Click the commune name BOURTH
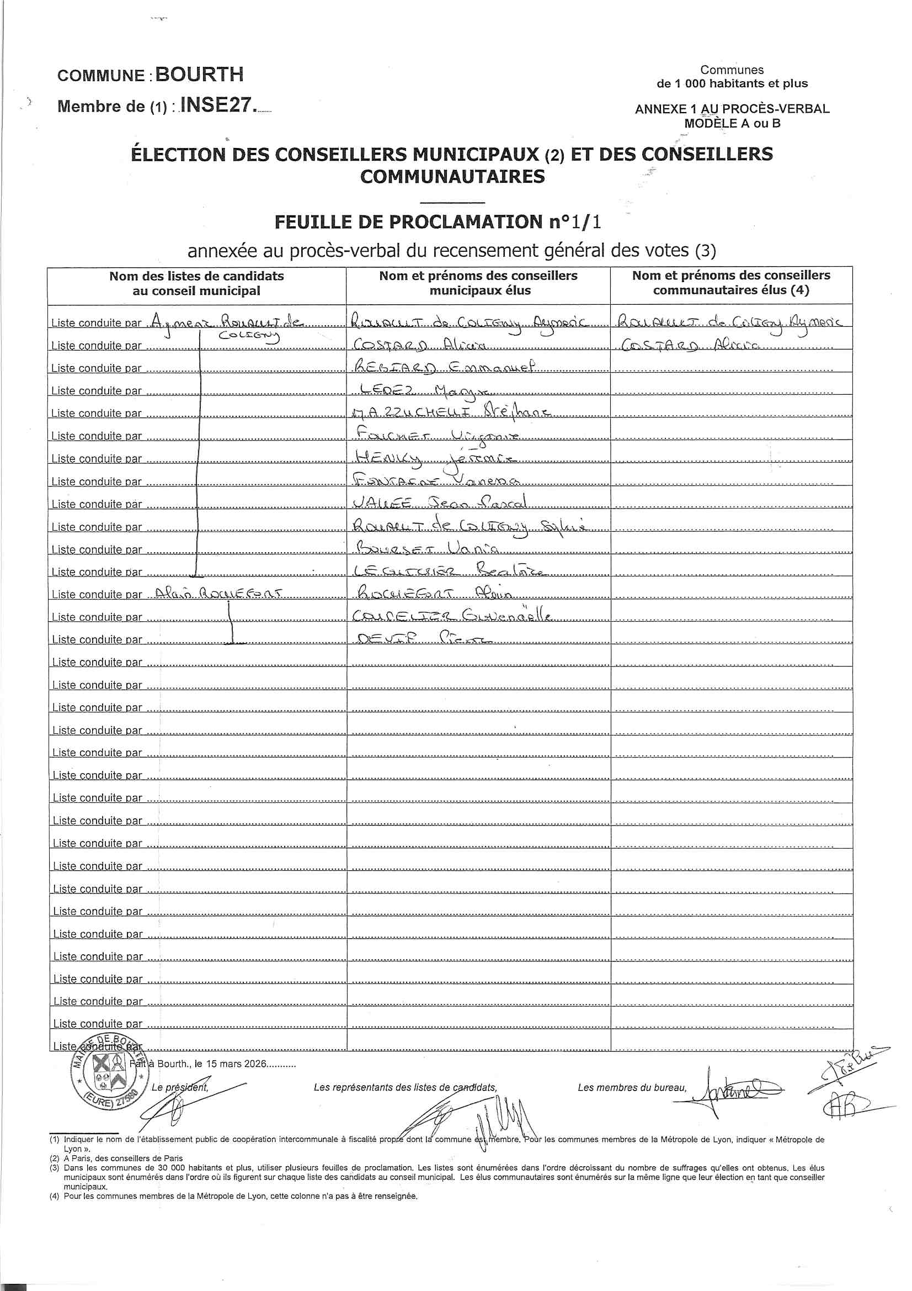point(199,74)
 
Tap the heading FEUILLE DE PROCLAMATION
point(412,222)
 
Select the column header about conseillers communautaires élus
point(730,283)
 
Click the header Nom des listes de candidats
point(196,283)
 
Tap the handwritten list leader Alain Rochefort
point(219,592)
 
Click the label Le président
point(180,1087)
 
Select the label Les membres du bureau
point(632,1087)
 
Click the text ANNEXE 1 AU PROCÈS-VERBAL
point(732,109)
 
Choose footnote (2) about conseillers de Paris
point(116,1158)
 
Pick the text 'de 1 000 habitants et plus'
point(732,84)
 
